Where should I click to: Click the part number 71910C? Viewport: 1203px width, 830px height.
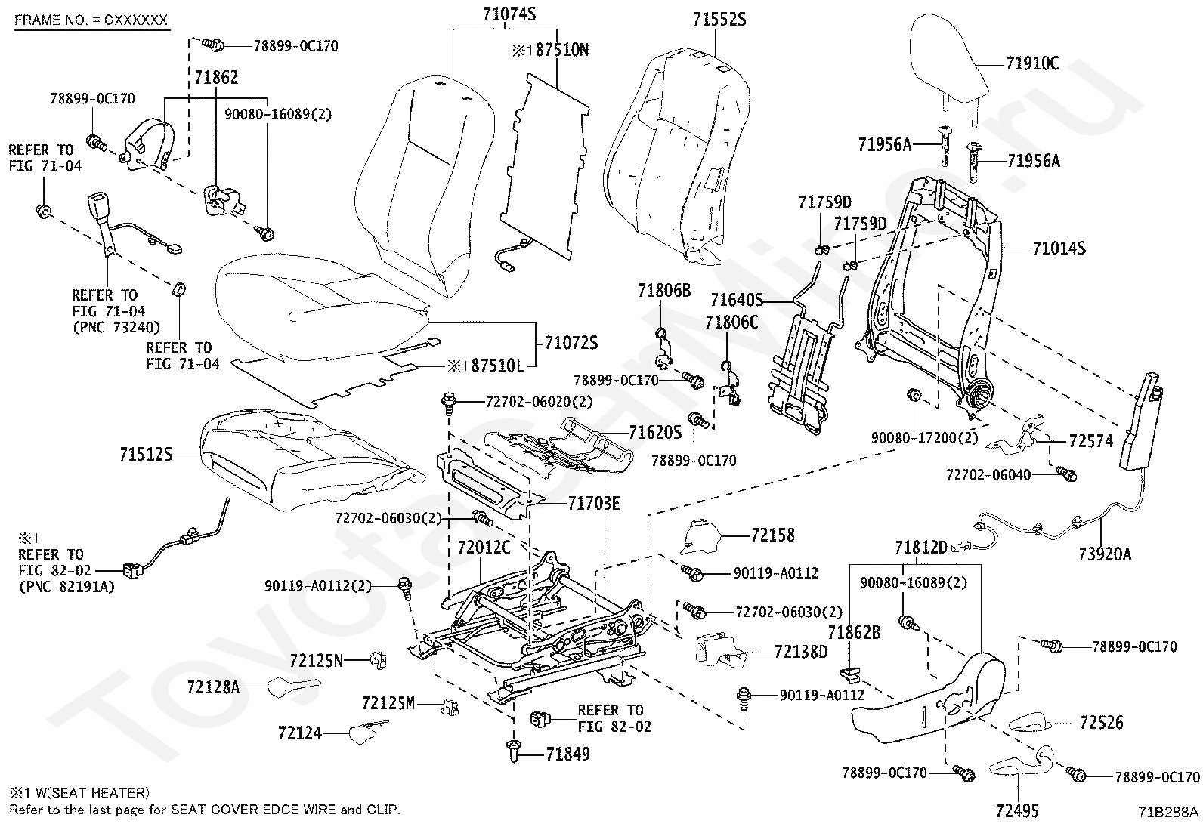point(1032,64)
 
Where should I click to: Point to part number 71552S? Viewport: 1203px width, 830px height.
point(719,20)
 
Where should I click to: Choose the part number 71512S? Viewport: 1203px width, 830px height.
point(146,455)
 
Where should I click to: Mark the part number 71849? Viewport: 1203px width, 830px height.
point(562,754)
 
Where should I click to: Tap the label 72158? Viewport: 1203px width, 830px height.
point(773,535)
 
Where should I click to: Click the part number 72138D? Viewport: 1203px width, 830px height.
point(801,651)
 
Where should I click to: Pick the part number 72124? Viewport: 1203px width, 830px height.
point(299,733)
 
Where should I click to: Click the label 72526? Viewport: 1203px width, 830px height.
point(1102,723)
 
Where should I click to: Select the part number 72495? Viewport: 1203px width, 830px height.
point(1017,811)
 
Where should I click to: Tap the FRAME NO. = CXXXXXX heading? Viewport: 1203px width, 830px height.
point(91,20)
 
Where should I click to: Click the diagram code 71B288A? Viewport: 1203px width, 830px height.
point(1168,813)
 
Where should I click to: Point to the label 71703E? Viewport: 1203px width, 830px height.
point(594,503)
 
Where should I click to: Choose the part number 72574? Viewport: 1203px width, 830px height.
point(1090,441)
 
